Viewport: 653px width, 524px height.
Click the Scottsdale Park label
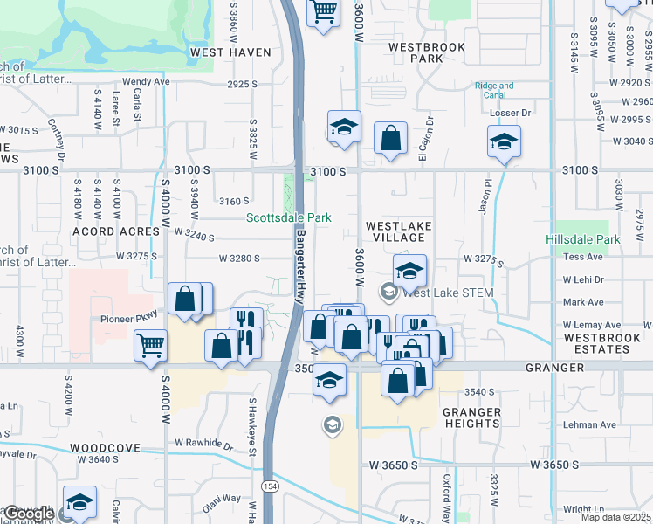pos(289,217)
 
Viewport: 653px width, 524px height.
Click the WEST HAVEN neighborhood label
pos(230,52)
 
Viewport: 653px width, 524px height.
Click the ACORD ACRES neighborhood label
pos(107,232)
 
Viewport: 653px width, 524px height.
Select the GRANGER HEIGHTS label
pos(471,417)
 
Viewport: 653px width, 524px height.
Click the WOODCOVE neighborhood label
pos(105,448)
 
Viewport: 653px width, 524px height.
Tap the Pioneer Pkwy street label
pos(131,319)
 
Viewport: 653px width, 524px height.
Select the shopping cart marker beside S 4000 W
pos(150,345)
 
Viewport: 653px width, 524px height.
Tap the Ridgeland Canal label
pos(494,91)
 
